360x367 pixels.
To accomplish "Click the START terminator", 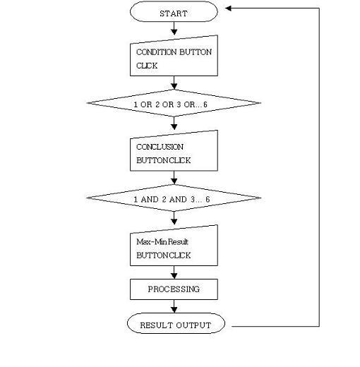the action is tap(174, 12).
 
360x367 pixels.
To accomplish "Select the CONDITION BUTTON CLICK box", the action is tap(174, 56).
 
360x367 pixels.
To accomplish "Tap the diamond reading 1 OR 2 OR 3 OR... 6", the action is tap(174, 103).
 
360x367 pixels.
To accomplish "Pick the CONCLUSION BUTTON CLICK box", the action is tap(174, 151).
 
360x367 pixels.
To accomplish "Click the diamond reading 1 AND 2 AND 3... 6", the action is tap(174, 198).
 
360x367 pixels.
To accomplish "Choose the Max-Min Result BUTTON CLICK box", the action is tap(174, 246).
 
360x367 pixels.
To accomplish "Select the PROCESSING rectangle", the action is tap(174, 289).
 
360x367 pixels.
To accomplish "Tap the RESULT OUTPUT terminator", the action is tap(176, 323).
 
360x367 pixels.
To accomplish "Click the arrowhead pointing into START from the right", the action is tap(228, 8).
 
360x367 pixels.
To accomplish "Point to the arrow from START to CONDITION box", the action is tap(174, 28).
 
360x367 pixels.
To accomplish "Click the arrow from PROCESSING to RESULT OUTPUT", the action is tap(174, 306).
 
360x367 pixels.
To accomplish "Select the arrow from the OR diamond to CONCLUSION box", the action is tap(174, 124).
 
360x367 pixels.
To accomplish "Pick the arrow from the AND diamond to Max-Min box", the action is tap(174, 218).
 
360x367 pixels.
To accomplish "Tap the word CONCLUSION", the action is tap(160, 147).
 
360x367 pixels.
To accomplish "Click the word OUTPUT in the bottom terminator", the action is tap(193, 325).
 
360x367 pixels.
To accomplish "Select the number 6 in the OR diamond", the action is tap(205, 104).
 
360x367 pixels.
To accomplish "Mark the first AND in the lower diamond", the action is tap(150, 200).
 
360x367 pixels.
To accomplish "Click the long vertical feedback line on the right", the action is tap(319, 167).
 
